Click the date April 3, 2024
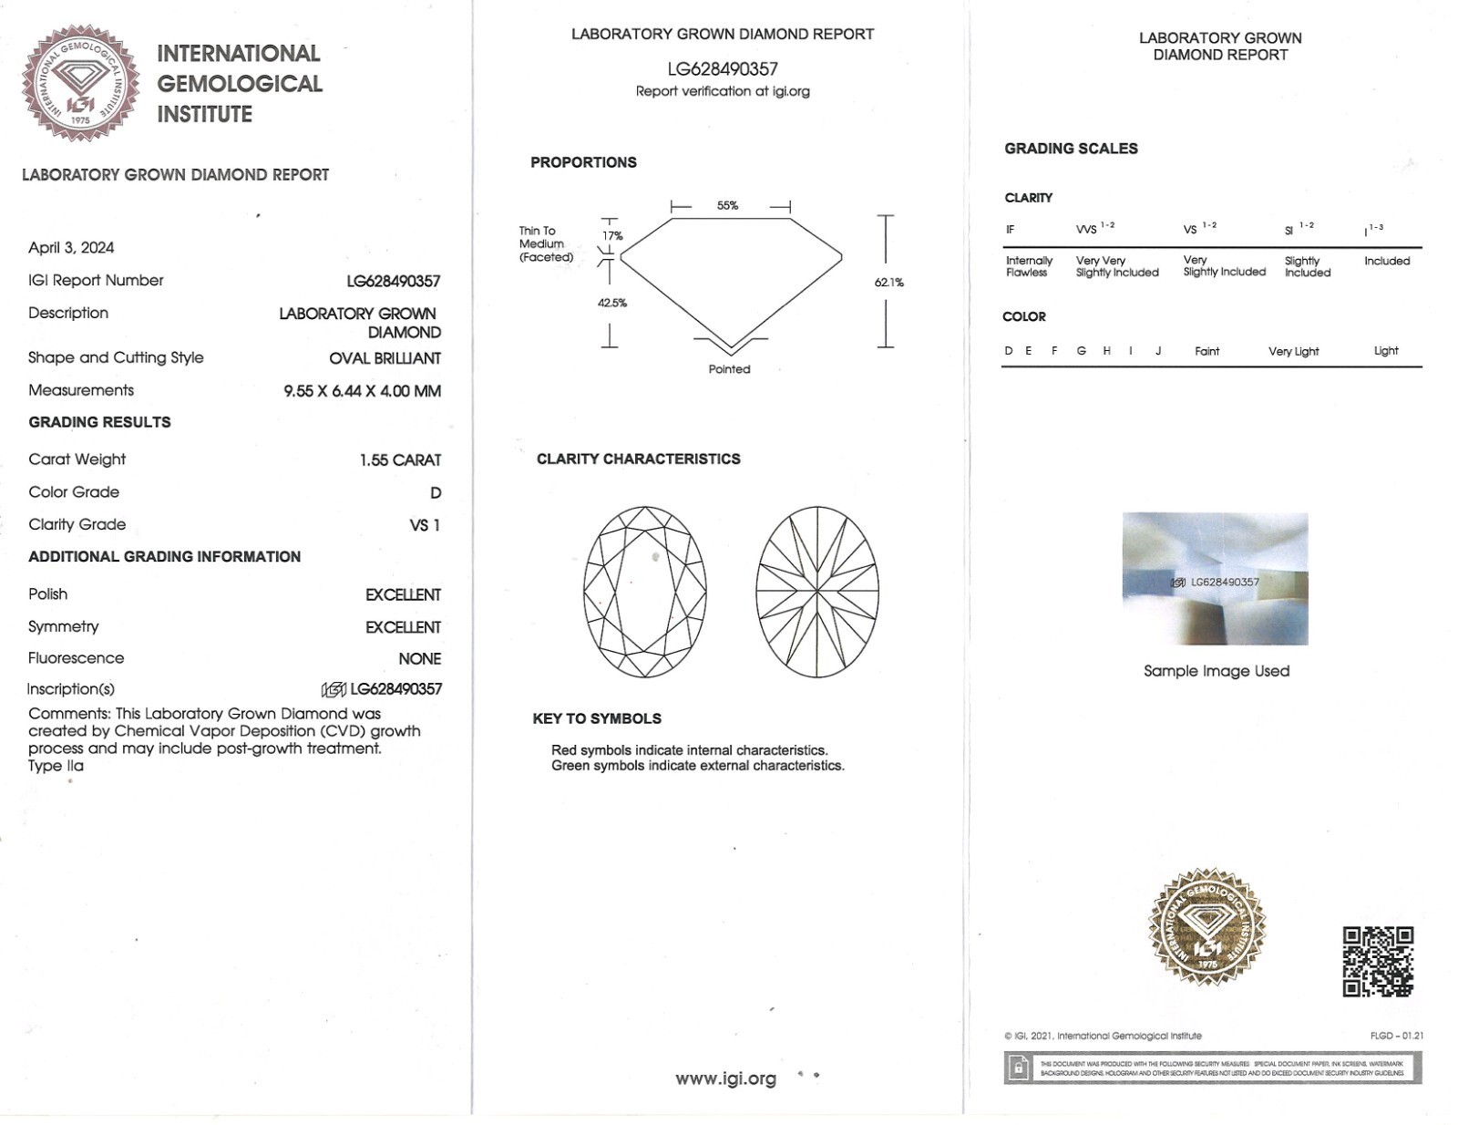[x=71, y=248]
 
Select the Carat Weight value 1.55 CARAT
[x=400, y=460]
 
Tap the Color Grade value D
[x=436, y=493]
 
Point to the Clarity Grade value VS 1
[x=425, y=525]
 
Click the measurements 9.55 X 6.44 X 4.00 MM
[x=362, y=391]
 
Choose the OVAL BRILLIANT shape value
[x=385, y=358]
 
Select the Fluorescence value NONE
[x=419, y=658]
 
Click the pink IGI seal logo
[x=80, y=84]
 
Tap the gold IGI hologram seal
[x=1206, y=926]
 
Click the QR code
[x=1378, y=962]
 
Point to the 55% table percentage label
[x=727, y=206]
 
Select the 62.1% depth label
[x=888, y=283]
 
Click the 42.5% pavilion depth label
[x=612, y=303]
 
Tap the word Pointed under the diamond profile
[x=729, y=369]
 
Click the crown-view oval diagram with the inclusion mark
[x=644, y=592]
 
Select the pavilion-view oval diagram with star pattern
[x=817, y=592]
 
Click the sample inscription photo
[x=1215, y=579]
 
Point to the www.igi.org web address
[x=725, y=1079]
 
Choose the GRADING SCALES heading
[x=1071, y=149]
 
